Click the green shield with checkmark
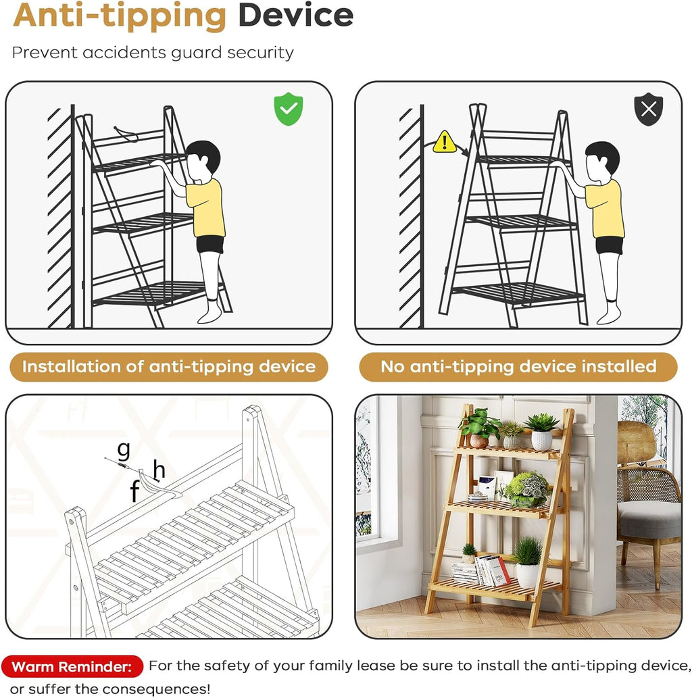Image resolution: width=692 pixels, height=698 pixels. [288, 109]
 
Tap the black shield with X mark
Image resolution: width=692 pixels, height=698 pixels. [648, 109]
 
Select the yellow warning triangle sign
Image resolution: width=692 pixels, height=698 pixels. [444, 141]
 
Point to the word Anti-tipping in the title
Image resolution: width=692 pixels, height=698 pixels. [120, 17]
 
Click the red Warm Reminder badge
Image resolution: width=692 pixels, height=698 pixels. [72, 666]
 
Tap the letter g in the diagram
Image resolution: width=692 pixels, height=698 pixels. [124, 451]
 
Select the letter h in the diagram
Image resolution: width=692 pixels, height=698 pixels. [159, 470]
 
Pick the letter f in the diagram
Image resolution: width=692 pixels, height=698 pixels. [135, 491]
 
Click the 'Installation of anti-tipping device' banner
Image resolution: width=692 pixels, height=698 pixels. [169, 367]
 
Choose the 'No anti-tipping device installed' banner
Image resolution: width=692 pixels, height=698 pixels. [518, 367]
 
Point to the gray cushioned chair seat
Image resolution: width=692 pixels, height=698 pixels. [649, 519]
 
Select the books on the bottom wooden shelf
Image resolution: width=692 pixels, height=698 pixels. [481, 571]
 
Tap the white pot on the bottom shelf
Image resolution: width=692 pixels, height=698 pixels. [527, 575]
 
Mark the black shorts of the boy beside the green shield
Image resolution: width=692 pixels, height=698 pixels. [210, 245]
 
